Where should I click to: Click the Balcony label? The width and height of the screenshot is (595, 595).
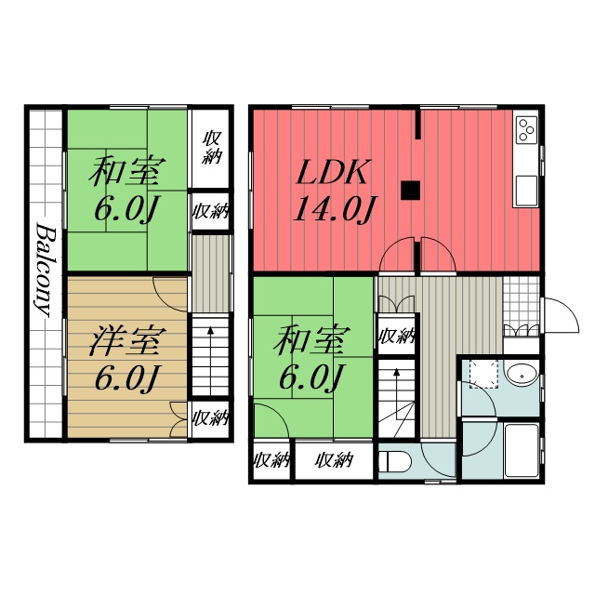(x=46, y=270)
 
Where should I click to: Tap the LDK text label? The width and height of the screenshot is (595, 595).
(x=333, y=173)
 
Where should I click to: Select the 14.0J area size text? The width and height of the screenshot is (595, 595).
(x=334, y=208)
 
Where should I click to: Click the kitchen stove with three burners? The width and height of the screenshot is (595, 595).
(x=526, y=130)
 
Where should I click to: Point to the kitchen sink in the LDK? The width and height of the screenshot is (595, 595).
(x=526, y=191)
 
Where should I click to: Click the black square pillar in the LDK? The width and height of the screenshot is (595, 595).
(x=410, y=190)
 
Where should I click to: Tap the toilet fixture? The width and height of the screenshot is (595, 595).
(x=394, y=462)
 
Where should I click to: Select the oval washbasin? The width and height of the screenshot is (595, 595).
(x=522, y=376)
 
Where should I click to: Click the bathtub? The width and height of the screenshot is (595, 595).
(x=522, y=450)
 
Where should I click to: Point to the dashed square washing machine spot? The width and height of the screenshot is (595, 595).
(x=483, y=374)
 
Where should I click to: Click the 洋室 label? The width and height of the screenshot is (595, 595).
(x=127, y=340)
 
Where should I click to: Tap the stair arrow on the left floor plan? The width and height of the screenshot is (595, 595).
(x=210, y=360)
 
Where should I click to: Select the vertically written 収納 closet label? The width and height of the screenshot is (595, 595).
(x=212, y=148)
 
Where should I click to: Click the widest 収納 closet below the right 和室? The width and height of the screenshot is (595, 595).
(x=335, y=460)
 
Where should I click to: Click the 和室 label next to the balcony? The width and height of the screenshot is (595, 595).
(x=127, y=171)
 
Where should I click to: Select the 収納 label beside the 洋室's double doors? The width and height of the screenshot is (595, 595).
(x=211, y=417)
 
